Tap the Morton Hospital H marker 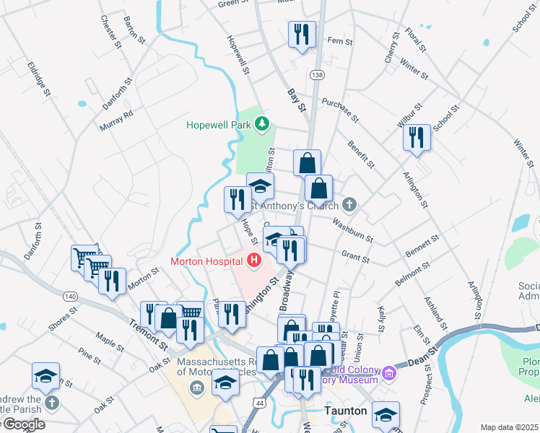pos(253,261)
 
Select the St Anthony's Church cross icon pos(349,204)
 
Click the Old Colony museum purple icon pos(390,373)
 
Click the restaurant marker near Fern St pos(301,34)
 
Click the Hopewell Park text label pos(217,125)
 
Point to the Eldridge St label pos(40,78)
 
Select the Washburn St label pos(352,229)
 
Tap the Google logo pos(23,424)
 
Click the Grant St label pos(355,257)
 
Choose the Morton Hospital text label pos(207,261)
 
